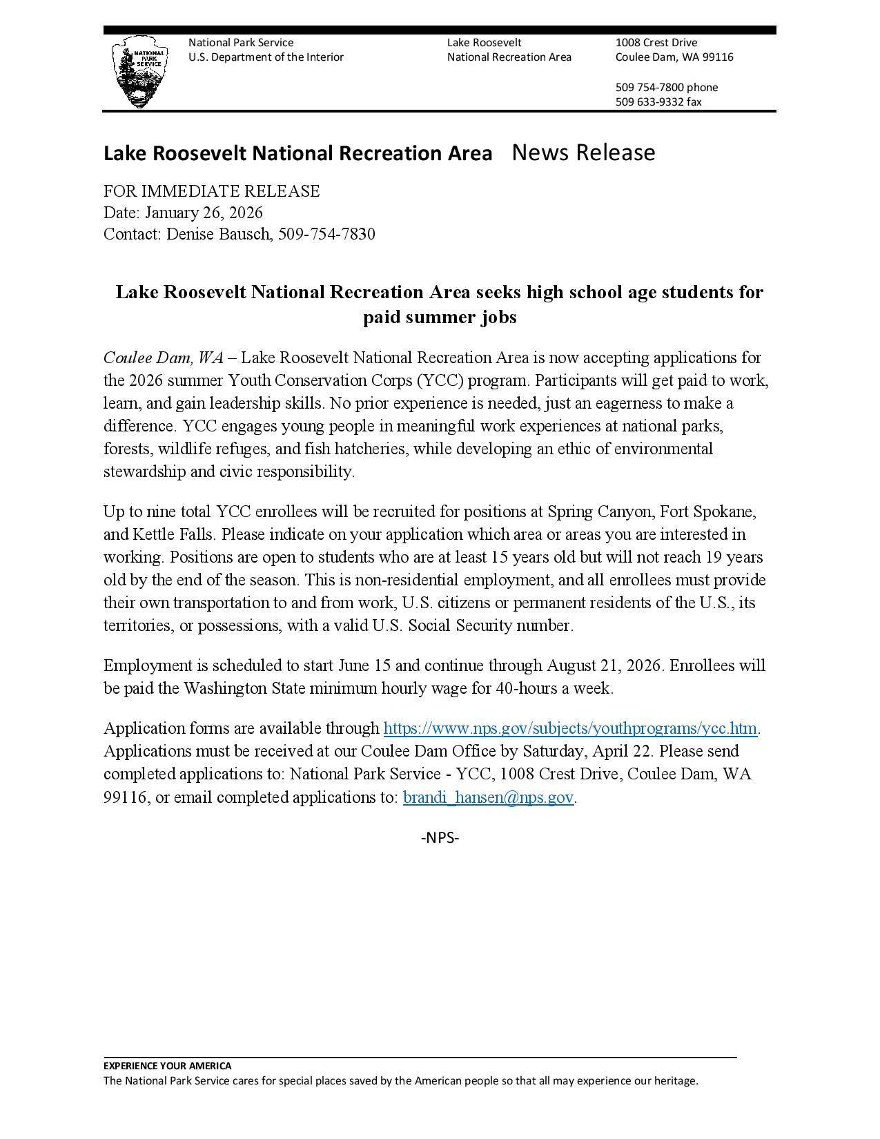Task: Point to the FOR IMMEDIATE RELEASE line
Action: [211, 191]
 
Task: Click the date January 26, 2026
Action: [204, 212]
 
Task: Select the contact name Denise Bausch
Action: [218, 234]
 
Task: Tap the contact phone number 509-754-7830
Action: [326, 234]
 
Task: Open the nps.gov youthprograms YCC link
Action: [570, 728]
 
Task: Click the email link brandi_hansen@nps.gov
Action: [488, 797]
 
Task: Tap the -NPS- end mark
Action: [440, 837]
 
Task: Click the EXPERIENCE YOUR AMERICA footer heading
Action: [168, 1065]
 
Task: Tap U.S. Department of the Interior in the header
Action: [266, 57]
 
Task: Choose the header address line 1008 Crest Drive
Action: [656, 42]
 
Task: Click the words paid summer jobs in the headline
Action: [440, 317]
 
